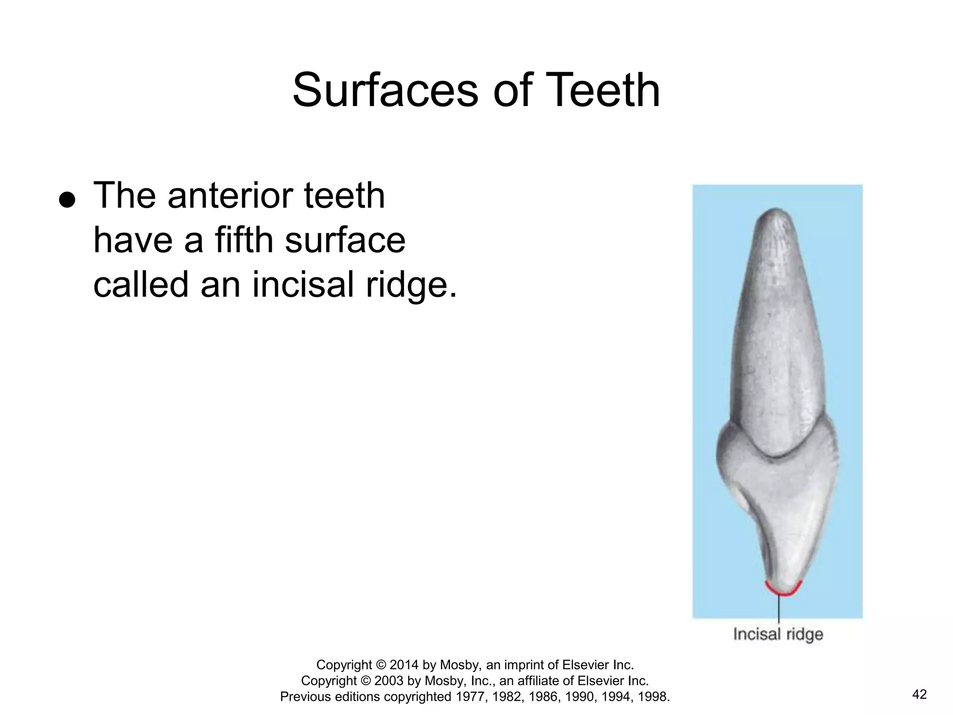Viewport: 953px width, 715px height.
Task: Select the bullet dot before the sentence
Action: [x=67, y=200]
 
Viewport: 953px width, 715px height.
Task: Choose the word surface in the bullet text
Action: [x=345, y=241]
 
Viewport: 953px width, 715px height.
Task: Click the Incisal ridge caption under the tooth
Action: [x=778, y=634]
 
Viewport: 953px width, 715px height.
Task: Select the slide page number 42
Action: [x=919, y=695]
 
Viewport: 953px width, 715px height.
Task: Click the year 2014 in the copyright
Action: [x=405, y=665]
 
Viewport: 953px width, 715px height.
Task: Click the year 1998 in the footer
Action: [x=653, y=697]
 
